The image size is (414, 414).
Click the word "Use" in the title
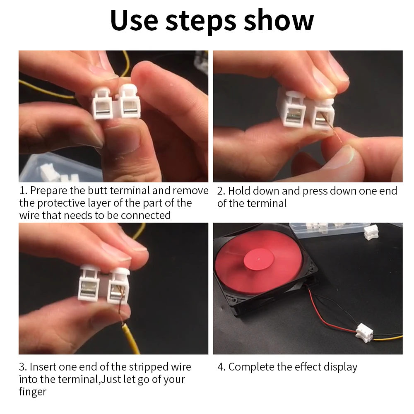(134, 21)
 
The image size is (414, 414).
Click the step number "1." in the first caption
(23, 190)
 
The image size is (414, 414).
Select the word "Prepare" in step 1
(48, 191)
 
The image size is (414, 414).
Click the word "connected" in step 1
(145, 215)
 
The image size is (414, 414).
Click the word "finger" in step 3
(32, 392)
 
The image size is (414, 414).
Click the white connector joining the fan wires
(364, 333)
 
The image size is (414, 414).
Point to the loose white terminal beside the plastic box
(371, 232)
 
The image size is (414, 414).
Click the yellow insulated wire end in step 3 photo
(131, 339)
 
